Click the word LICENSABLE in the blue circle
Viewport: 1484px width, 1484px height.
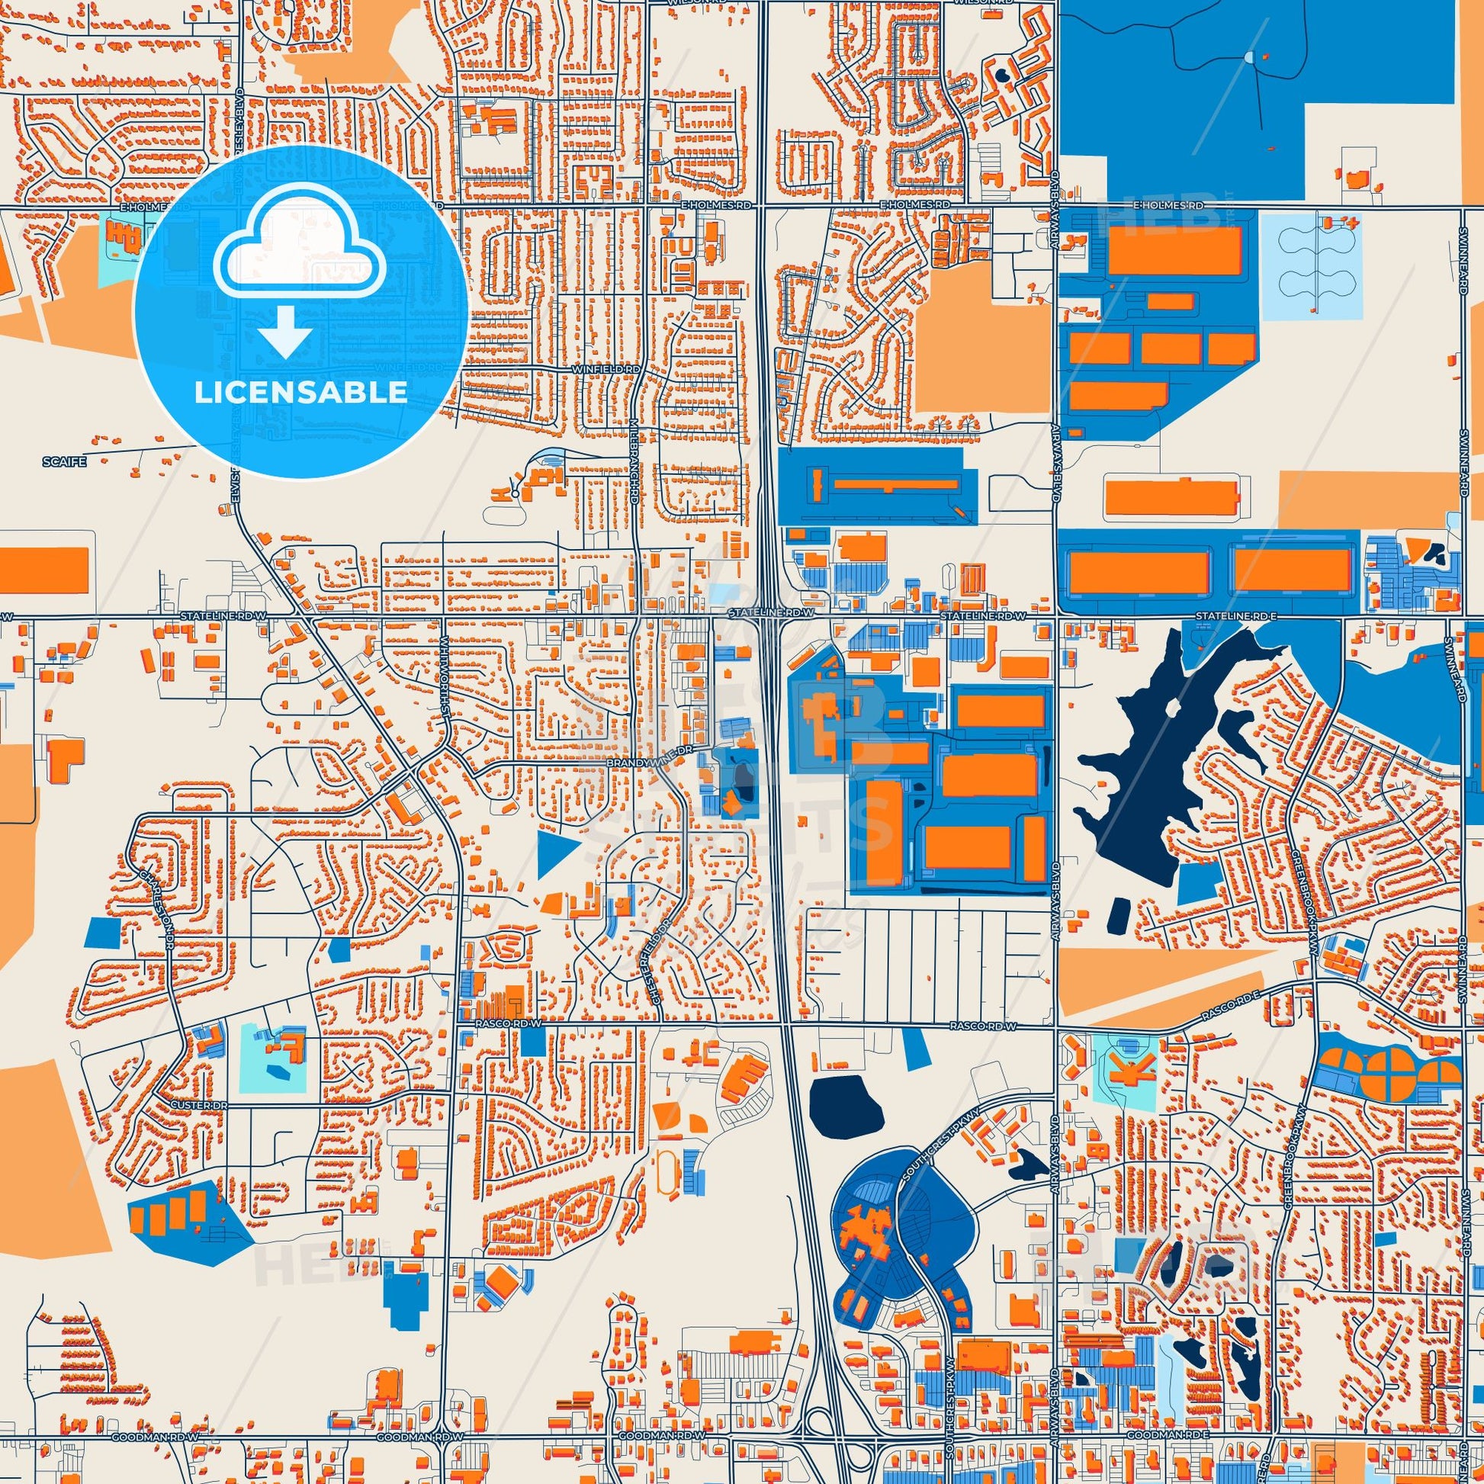point(300,393)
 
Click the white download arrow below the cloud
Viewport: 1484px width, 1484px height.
point(285,331)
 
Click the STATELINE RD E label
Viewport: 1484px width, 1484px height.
point(1230,616)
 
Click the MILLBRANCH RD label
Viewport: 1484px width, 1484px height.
point(634,468)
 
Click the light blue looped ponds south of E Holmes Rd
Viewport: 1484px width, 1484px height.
point(1312,265)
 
